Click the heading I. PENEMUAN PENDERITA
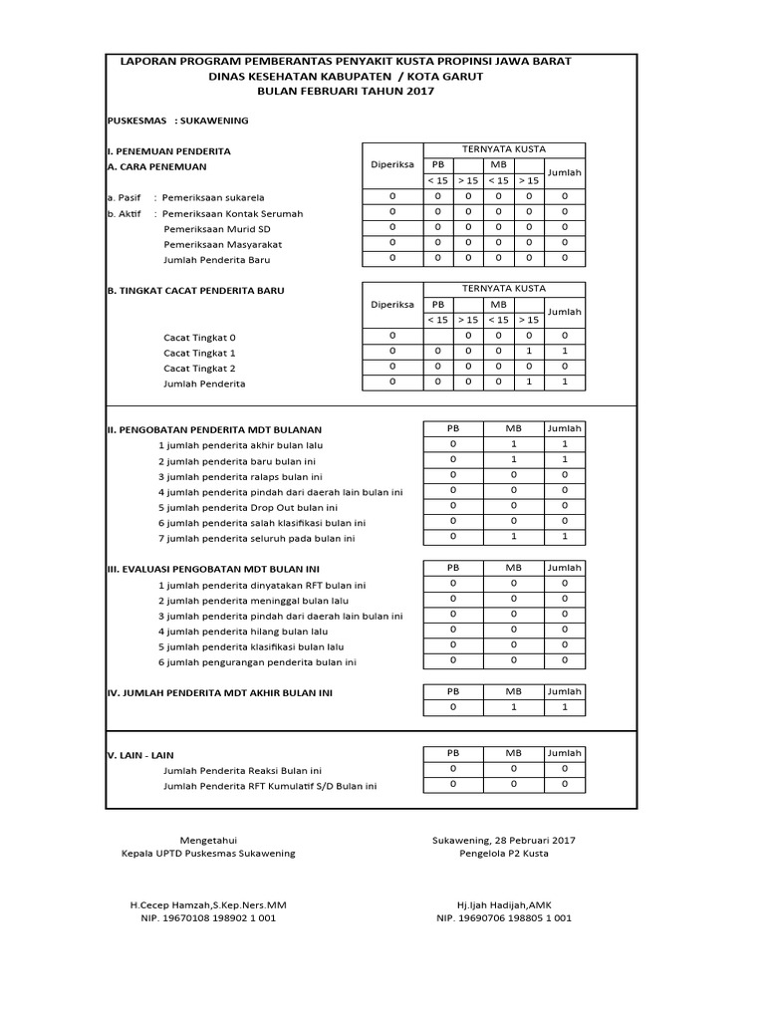pyautogui.click(x=168, y=151)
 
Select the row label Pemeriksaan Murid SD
pyautogui.click(x=211, y=229)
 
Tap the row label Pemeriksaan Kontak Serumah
pyautogui.click(x=232, y=213)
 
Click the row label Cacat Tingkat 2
pyautogui.click(x=199, y=369)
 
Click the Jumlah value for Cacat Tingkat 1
pyautogui.click(x=564, y=352)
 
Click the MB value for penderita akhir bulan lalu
pyautogui.click(x=513, y=444)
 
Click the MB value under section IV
pyautogui.click(x=513, y=707)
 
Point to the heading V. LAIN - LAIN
pyautogui.click(x=146, y=755)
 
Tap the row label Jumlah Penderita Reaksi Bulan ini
pyautogui.click(x=243, y=771)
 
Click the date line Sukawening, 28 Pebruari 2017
pyautogui.click(x=504, y=840)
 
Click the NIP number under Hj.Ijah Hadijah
pyautogui.click(x=504, y=918)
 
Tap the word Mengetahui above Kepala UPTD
pyautogui.click(x=207, y=840)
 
